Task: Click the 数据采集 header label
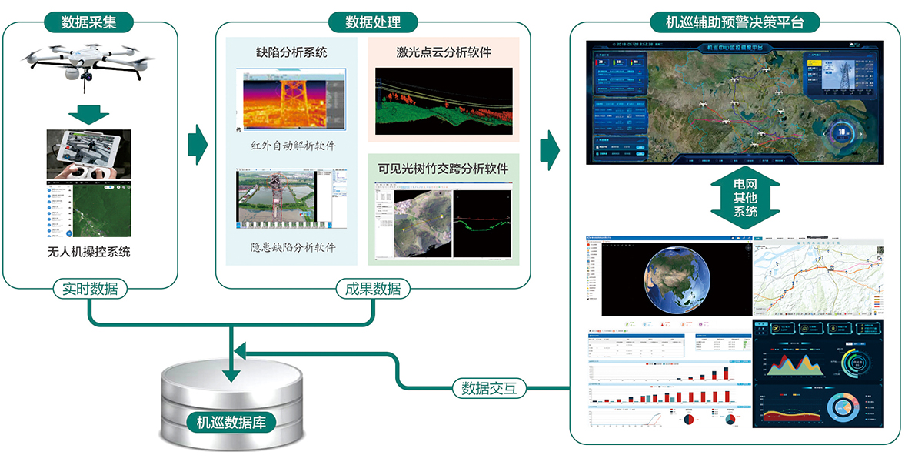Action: coord(90,22)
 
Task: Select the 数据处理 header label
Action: coord(372,22)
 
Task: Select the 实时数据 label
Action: coord(90,290)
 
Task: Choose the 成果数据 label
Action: coord(373,290)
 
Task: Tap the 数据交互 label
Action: coord(489,388)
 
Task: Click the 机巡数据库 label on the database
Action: coord(231,422)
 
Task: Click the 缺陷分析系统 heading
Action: coord(291,52)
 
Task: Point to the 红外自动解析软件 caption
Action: coord(293,146)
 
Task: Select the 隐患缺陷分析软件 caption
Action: coord(293,248)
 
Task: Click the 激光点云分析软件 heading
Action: coord(444,52)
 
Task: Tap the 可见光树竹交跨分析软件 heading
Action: coord(444,167)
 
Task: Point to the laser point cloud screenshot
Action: coord(444,102)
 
